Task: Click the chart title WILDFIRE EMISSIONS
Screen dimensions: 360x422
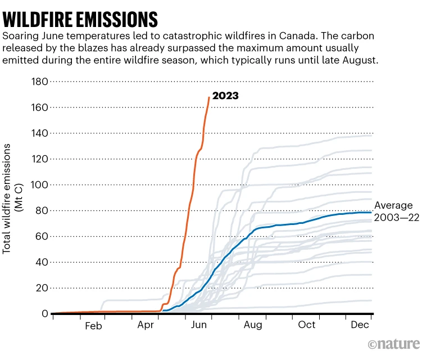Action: (x=80, y=19)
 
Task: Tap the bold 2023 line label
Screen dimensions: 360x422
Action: (x=225, y=96)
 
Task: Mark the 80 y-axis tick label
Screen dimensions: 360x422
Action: (x=40, y=211)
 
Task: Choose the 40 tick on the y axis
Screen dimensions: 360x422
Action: (x=40, y=262)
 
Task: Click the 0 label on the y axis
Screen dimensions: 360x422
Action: (x=43, y=314)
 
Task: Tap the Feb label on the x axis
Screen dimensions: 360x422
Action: (x=94, y=326)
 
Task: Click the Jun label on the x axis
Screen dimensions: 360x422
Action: (x=200, y=326)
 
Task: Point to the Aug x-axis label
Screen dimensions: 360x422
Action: (x=253, y=326)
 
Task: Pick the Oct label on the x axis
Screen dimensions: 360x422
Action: (x=307, y=326)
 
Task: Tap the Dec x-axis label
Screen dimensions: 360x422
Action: (x=360, y=326)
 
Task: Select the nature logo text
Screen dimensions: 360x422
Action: (x=394, y=344)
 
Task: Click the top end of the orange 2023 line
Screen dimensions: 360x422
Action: (x=209, y=98)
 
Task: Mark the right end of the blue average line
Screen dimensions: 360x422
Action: (x=371, y=212)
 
